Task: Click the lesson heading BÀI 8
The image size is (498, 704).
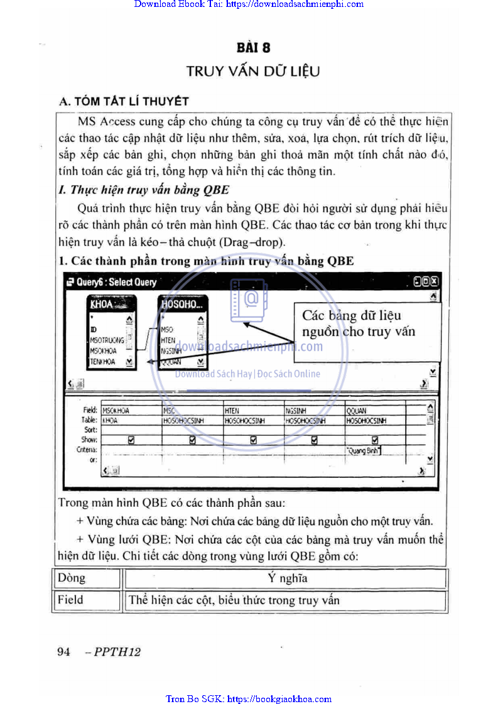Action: pyautogui.click(x=253, y=47)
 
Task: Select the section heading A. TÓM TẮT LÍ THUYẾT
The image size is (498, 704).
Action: pyautogui.click(x=123, y=101)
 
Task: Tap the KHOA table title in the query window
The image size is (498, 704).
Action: pyautogui.click(x=103, y=305)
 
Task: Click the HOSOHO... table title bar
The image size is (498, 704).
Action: pyautogui.click(x=181, y=305)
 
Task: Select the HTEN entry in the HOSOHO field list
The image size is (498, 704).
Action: pyautogui.click(x=168, y=340)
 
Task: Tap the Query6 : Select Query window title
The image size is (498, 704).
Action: pyautogui.click(x=116, y=282)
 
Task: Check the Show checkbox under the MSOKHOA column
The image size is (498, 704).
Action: pyautogui.click(x=131, y=440)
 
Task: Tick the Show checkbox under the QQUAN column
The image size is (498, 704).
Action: pyautogui.click(x=375, y=440)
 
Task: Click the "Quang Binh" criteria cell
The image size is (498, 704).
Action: pyautogui.click(x=364, y=450)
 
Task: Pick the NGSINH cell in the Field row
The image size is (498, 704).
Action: pyautogui.click(x=296, y=411)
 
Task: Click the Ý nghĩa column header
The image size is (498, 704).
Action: pyautogui.click(x=287, y=578)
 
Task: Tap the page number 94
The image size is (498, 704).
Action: pyautogui.click(x=63, y=652)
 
